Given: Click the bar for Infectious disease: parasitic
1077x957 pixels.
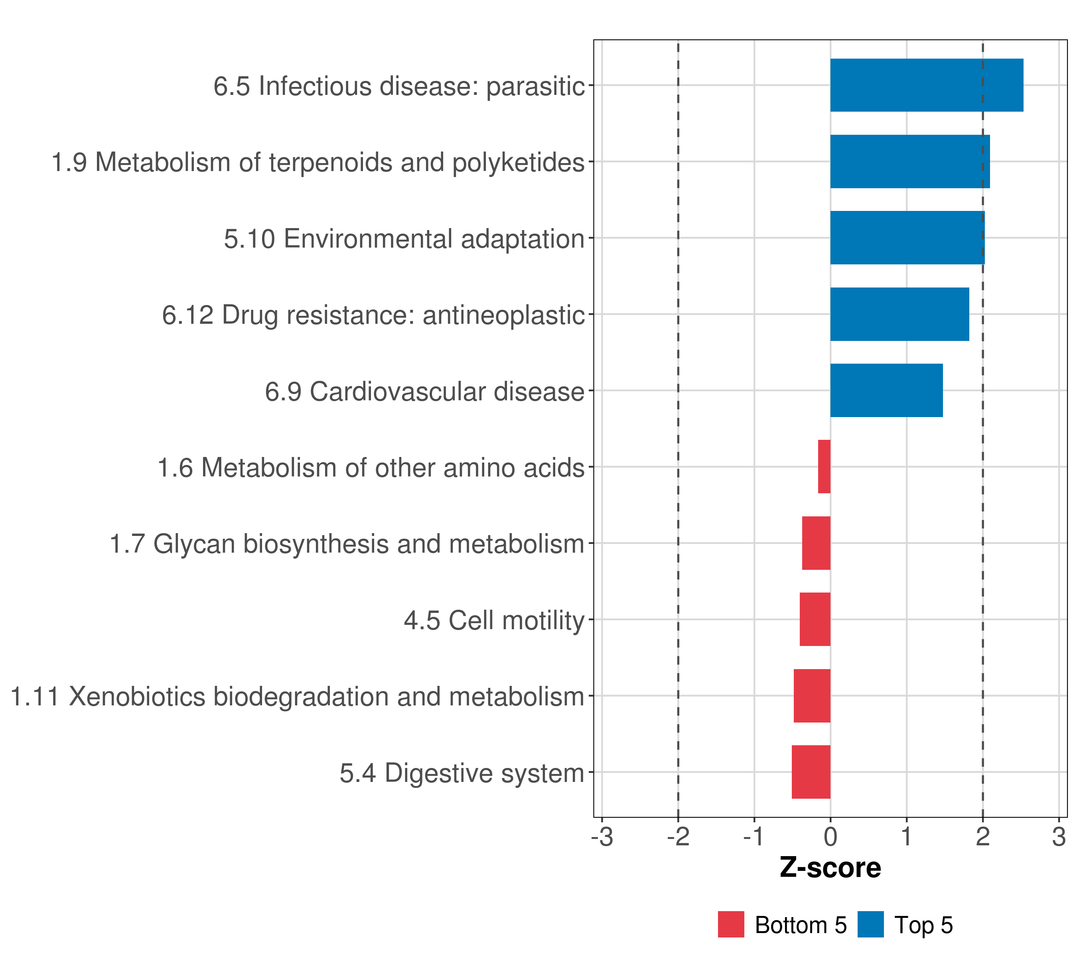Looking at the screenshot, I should click(x=926, y=85).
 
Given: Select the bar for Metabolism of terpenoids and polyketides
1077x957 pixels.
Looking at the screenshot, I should click(x=909, y=162).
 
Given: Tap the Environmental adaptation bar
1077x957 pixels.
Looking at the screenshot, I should click(x=907, y=238).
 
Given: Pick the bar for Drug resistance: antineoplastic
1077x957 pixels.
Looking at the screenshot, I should click(x=899, y=315).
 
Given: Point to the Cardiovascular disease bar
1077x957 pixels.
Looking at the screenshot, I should click(x=886, y=390).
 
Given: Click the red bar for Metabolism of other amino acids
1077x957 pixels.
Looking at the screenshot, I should click(x=824, y=467).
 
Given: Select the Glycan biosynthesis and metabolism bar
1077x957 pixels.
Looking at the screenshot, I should click(x=816, y=543).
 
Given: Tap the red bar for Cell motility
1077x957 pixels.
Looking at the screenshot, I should click(x=815, y=619).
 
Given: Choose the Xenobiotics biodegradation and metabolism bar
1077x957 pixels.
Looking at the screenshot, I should click(x=812, y=696).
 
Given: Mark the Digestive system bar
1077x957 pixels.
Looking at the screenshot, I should click(x=811, y=772).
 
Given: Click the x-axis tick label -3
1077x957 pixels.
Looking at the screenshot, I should click(x=602, y=838).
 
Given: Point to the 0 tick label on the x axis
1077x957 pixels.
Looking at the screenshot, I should click(x=830, y=838).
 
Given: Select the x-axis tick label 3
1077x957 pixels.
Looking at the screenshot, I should click(x=1059, y=838).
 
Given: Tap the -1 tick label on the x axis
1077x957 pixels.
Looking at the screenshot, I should click(x=754, y=838).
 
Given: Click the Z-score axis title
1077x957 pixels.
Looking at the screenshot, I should click(x=830, y=868).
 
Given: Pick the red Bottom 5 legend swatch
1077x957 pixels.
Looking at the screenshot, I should click(x=731, y=924).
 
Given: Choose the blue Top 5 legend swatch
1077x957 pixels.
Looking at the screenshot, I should click(x=870, y=924).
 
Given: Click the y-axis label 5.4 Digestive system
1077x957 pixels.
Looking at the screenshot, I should click(x=462, y=773).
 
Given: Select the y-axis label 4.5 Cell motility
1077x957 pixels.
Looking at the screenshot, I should click(x=494, y=620).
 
